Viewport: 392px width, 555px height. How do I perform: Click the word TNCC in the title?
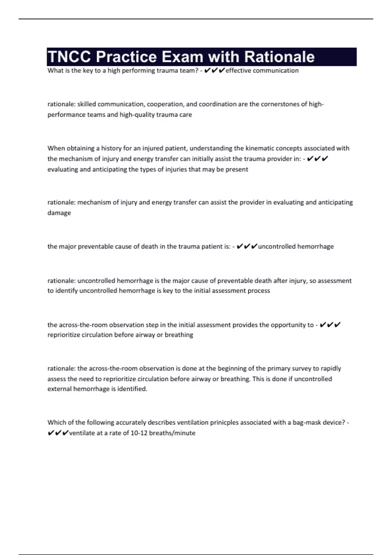(x=69, y=57)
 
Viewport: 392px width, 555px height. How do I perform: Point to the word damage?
(x=59, y=213)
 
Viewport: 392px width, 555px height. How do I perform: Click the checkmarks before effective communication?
(x=215, y=71)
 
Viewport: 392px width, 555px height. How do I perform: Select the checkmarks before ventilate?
(x=58, y=433)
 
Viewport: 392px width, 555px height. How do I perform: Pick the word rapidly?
(x=331, y=369)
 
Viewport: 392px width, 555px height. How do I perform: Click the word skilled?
(x=87, y=104)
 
